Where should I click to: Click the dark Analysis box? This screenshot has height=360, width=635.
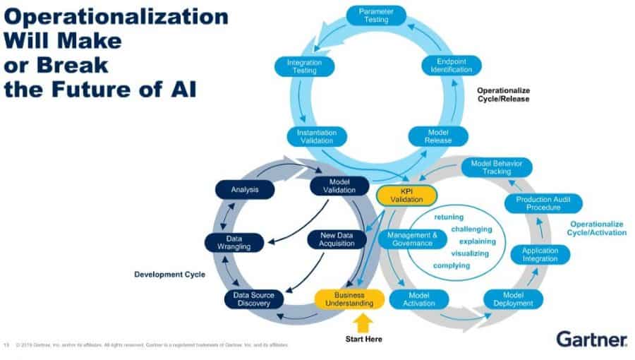click(x=245, y=189)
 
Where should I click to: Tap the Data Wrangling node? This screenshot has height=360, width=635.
click(x=234, y=243)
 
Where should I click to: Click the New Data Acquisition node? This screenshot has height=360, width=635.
click(x=337, y=239)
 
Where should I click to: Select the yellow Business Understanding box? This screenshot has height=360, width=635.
click(x=349, y=299)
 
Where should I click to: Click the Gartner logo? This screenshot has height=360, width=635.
click(x=592, y=339)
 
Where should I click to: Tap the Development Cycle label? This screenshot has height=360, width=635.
click(x=169, y=273)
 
